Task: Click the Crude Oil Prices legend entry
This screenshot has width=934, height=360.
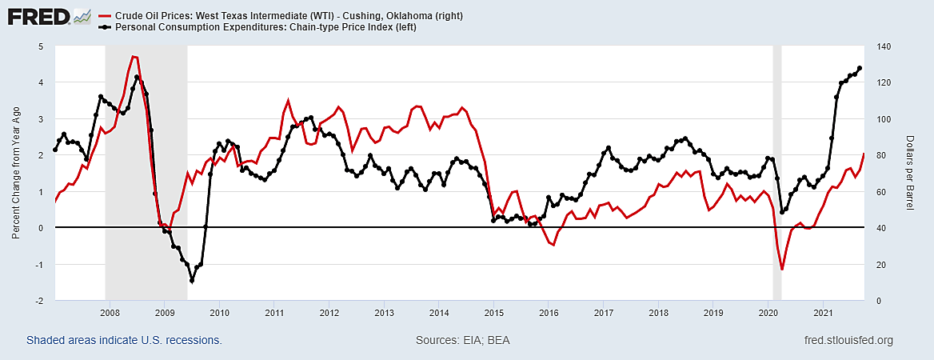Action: coord(289,16)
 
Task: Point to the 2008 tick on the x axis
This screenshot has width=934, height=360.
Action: coord(110,312)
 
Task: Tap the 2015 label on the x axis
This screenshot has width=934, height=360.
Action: coord(493,312)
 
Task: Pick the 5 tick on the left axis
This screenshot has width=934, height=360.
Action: coord(41,46)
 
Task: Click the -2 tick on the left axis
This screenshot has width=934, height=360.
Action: coord(39,301)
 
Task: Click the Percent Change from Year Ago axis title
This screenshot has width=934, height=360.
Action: coord(16,174)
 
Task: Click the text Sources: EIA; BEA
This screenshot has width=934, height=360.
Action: coord(463,341)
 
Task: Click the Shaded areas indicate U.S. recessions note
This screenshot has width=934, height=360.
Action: coord(124,341)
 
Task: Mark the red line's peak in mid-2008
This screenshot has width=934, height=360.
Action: coord(134,57)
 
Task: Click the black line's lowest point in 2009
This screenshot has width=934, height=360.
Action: coord(192,280)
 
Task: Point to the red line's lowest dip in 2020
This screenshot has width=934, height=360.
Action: coord(781,270)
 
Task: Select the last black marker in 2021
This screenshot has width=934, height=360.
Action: coord(860,68)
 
